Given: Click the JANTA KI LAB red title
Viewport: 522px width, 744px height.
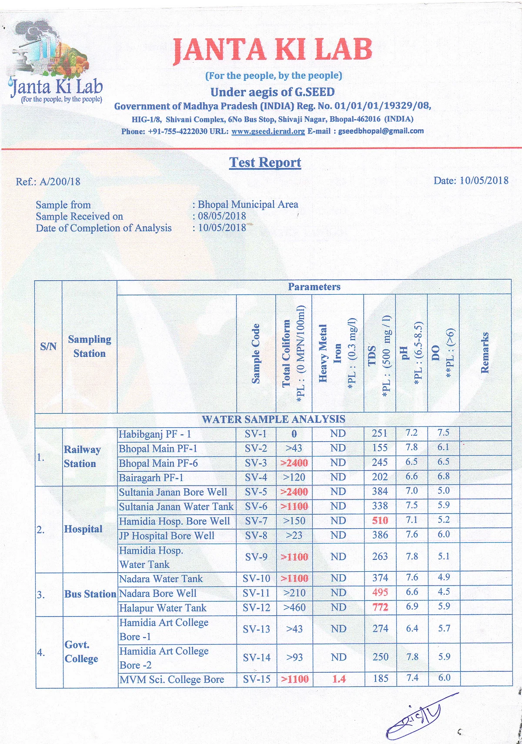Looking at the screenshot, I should point(272,50).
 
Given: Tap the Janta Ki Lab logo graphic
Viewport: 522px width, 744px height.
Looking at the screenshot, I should point(54,61).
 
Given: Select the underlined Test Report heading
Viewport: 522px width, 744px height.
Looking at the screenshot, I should point(265,162).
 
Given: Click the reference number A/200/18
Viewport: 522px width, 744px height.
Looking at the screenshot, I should point(60,181).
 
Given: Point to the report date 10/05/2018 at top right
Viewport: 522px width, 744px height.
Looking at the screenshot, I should point(484,181).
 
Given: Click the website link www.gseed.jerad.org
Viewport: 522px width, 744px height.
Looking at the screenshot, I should point(268,131).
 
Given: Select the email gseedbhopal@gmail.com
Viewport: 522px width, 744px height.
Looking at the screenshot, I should point(381,131).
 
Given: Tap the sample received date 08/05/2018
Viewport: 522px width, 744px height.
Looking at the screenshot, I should point(222,216).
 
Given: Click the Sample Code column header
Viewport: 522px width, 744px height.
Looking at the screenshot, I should point(256,353).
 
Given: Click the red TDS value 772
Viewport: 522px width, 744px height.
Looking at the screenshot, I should point(380,607).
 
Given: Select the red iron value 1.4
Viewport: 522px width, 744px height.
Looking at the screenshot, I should point(338,679).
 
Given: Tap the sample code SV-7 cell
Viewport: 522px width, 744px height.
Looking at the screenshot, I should point(256,521).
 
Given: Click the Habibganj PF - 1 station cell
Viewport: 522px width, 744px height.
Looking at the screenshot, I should point(155,434).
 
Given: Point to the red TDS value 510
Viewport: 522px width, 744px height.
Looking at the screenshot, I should point(380,520).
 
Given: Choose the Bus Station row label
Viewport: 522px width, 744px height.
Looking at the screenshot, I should point(90,594).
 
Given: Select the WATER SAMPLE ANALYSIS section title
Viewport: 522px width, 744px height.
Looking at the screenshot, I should point(273,419).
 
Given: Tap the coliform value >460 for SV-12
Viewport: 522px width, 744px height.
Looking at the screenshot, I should point(294,607).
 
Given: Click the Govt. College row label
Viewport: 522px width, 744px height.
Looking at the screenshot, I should point(81,651).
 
